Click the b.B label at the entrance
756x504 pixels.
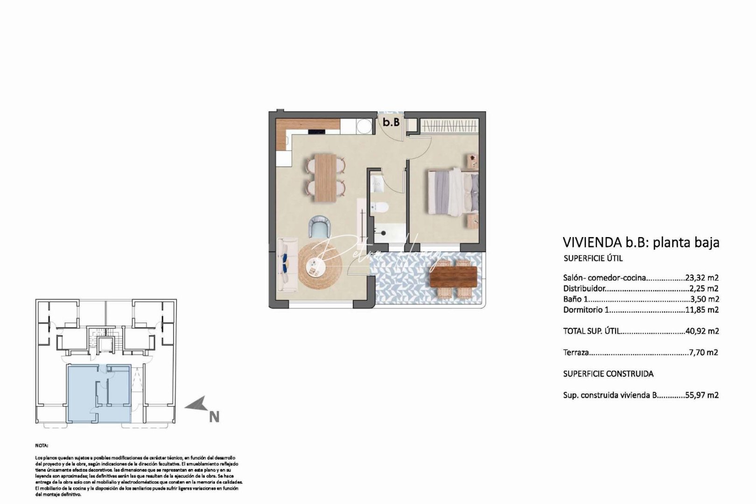click(391, 122)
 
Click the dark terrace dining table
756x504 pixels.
click(453, 276)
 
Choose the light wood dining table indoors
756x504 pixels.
click(326, 178)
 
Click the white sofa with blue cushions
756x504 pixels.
click(287, 265)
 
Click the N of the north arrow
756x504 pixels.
click(214, 416)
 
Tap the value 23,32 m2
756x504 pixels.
click(701, 278)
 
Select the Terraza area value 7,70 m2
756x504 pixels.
click(703, 353)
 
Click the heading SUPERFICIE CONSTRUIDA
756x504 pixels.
click(608, 374)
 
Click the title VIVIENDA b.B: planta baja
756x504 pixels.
click(641, 242)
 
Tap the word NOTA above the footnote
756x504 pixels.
click(42, 446)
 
